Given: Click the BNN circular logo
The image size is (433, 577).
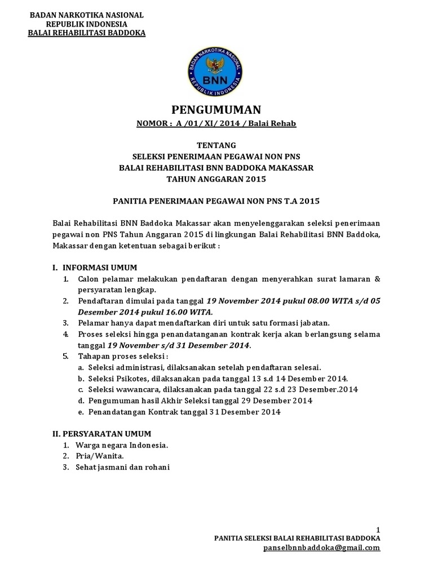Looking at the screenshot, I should [216, 74].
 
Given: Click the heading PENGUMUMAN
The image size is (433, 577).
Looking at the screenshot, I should [216, 110].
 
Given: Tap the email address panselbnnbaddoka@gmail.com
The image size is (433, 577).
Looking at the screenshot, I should [321, 547].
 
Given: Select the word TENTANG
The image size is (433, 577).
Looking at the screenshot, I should [216, 145].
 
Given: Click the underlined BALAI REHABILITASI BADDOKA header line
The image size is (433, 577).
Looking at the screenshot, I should [87, 33].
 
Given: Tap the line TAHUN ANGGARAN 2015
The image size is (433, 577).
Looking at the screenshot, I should [216, 179].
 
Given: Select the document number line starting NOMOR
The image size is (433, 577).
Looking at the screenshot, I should [216, 123].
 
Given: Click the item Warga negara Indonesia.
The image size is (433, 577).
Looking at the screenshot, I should [123, 445].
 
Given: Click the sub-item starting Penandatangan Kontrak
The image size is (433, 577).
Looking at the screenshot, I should [184, 412].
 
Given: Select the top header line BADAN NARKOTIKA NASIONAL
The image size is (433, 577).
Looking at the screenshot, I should [87, 15].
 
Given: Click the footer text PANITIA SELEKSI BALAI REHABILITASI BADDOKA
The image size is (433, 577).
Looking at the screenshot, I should [297, 538].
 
